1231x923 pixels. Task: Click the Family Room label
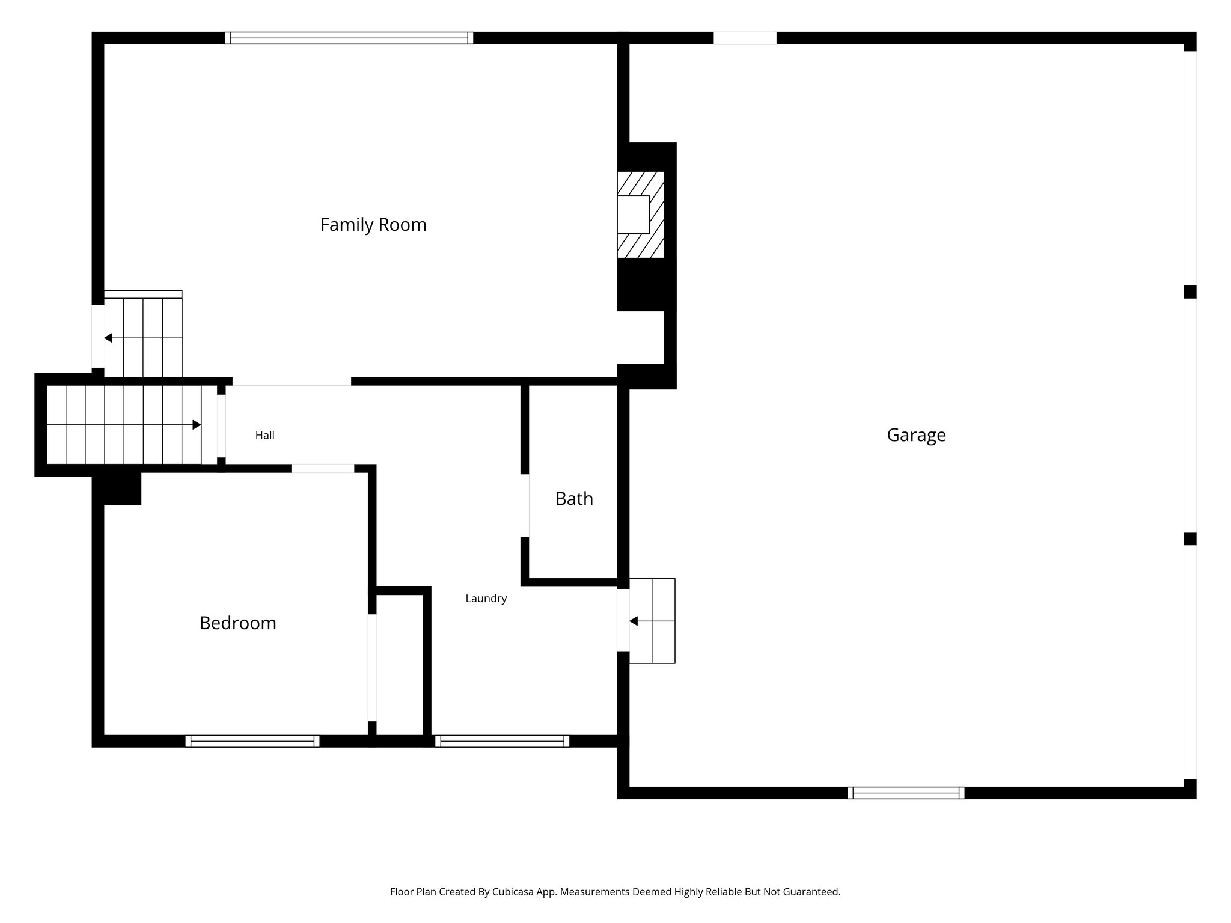point(373,225)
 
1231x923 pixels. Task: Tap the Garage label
point(916,435)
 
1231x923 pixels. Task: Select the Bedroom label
point(238,623)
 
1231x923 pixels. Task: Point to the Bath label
point(574,499)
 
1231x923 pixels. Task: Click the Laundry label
point(486,599)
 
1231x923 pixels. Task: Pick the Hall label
point(265,436)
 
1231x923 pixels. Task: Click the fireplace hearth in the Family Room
point(641,215)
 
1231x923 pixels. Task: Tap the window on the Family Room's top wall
point(349,38)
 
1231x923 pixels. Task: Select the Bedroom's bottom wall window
point(252,741)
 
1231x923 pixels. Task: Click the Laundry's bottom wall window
point(502,741)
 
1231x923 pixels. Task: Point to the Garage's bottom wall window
point(906,793)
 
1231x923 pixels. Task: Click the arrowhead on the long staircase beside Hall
point(197,425)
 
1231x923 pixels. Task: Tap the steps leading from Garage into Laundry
point(652,621)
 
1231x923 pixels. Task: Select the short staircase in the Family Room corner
point(143,334)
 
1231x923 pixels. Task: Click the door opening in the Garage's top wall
point(745,38)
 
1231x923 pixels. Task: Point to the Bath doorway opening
point(525,505)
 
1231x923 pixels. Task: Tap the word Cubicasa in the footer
point(514,892)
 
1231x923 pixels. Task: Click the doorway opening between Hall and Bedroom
point(323,468)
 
